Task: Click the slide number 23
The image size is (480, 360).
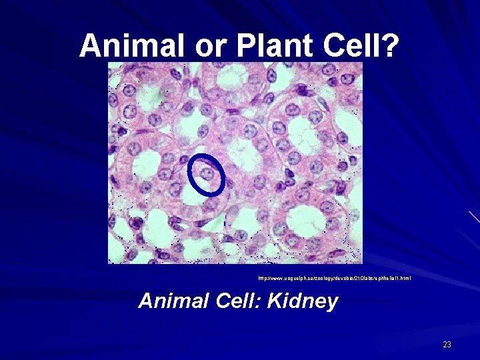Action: click(x=447, y=345)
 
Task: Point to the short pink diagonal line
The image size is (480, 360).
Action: click(x=473, y=217)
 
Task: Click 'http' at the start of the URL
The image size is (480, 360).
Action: click(x=263, y=277)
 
